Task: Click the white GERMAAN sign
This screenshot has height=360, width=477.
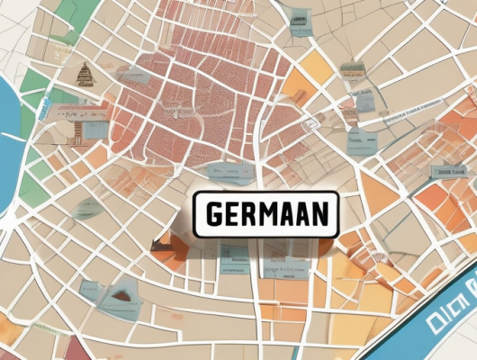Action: pos(265,213)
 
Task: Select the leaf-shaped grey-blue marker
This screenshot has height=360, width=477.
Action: pos(87,210)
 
